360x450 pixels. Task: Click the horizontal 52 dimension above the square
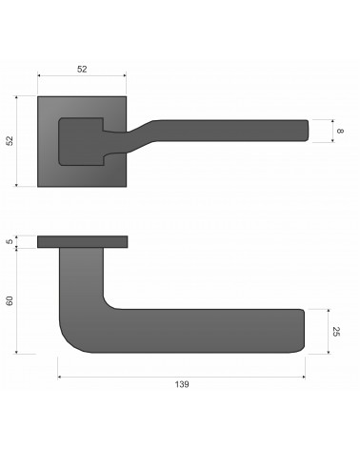click(x=82, y=69)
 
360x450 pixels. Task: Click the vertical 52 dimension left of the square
click(x=10, y=141)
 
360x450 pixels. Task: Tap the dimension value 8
click(x=340, y=131)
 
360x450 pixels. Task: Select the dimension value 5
click(x=10, y=241)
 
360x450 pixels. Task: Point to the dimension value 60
click(x=10, y=300)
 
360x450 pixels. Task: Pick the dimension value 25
click(x=336, y=332)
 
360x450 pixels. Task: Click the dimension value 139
click(x=182, y=384)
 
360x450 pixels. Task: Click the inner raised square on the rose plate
click(x=81, y=142)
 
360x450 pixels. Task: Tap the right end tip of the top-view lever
click(x=308, y=131)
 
